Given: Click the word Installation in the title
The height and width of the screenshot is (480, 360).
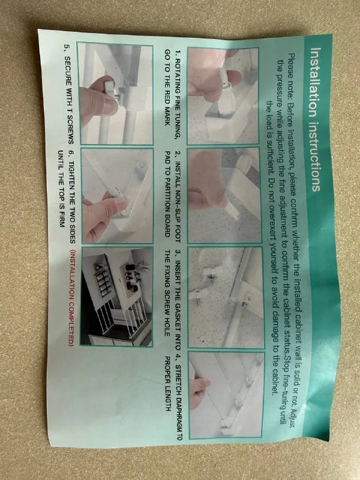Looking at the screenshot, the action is coord(315,83).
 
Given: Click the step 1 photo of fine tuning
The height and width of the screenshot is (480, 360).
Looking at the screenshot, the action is coord(223,96).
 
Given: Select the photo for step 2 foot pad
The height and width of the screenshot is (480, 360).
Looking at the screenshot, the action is coord(224,196).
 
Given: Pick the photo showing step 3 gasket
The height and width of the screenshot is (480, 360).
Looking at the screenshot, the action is coord(226,297).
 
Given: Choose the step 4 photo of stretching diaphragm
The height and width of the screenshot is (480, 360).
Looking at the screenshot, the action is coord(226,395).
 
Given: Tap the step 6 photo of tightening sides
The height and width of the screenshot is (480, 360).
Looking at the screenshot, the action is coord(117,196).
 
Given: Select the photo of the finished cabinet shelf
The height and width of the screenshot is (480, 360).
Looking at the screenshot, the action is coord(116,297).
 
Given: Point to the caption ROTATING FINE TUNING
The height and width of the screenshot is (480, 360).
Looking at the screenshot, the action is coord(176,95).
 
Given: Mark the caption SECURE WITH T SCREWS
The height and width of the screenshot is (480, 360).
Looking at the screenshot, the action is coord(69,94).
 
